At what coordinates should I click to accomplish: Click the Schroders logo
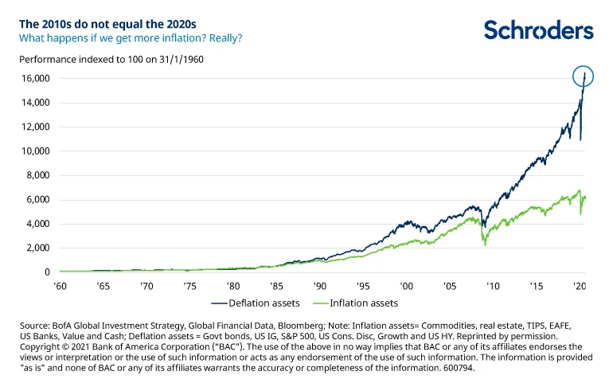click(538, 31)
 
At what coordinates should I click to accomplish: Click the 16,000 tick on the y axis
click(34, 78)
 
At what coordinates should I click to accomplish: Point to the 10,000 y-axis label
click(34, 151)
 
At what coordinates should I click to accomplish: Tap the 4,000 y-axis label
click(37, 224)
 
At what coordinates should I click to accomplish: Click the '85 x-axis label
click(275, 284)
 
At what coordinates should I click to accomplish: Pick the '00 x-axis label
click(406, 284)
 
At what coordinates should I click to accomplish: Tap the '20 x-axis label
click(580, 284)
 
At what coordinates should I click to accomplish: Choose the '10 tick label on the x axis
click(493, 284)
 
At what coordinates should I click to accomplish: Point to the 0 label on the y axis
click(46, 272)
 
